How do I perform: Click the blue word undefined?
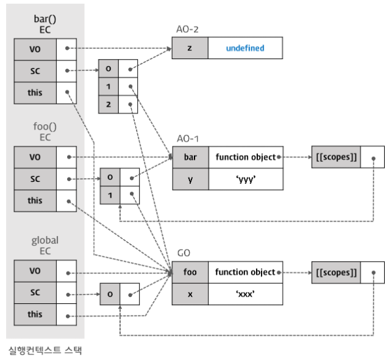tap(245, 48)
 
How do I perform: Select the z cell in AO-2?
tap(190, 48)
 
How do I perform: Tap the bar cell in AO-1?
tap(190, 157)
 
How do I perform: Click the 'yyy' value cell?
tap(246, 179)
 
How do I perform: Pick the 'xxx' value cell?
tap(245, 294)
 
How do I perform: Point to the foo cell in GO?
tap(190, 272)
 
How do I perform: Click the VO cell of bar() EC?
tap(35, 49)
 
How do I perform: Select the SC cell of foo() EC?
tap(35, 179)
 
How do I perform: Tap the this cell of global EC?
tap(35, 314)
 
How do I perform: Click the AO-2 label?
tap(187, 29)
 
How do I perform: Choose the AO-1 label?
tap(188, 139)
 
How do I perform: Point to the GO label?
tap(184, 253)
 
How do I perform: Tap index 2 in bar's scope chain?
tap(109, 104)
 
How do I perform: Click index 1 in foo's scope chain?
tap(110, 195)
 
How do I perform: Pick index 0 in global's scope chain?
tap(110, 294)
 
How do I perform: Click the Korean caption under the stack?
tap(45, 350)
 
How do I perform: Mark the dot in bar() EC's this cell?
tap(67, 92)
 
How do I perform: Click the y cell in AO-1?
tap(190, 179)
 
